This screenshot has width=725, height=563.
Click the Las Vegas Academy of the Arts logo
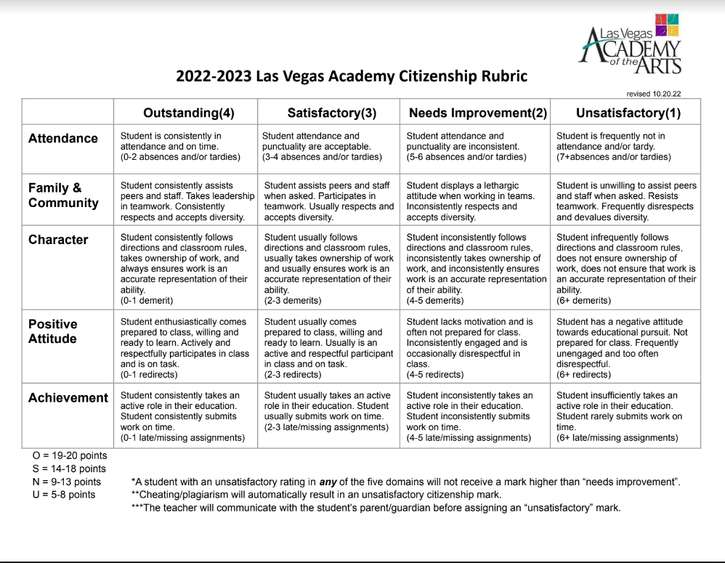pos(631,45)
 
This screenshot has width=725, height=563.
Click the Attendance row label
pos(63,138)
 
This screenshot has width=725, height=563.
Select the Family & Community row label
pos(63,195)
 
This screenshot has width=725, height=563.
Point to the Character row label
pos(58,240)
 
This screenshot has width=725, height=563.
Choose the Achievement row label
pos(68,397)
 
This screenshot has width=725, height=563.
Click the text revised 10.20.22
pos(653,93)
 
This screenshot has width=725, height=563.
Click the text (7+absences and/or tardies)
pos(614,157)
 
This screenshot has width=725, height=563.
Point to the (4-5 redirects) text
pos(434,374)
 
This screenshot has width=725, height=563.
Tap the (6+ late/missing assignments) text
pos(617,437)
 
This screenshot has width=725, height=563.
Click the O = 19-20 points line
pos(69,455)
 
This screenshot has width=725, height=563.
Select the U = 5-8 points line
pos(64,495)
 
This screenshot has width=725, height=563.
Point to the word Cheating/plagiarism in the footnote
pos(179,495)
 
